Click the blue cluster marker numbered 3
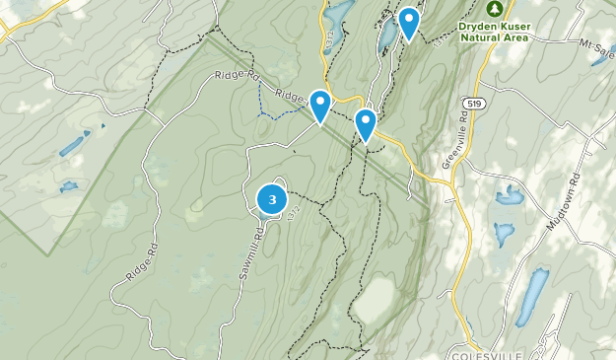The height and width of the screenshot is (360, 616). pyautogui.click(x=272, y=199)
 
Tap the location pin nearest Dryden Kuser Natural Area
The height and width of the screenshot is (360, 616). pyautogui.click(x=409, y=23)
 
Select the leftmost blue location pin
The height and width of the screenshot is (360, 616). pyautogui.click(x=320, y=105)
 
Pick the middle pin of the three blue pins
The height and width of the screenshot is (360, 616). pyautogui.click(x=366, y=124)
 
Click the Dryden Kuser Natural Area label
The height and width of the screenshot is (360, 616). pyautogui.click(x=495, y=31)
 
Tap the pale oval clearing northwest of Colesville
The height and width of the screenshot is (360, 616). pyautogui.click(x=373, y=301)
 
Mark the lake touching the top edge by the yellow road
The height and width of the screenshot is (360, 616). pyautogui.click(x=336, y=14)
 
